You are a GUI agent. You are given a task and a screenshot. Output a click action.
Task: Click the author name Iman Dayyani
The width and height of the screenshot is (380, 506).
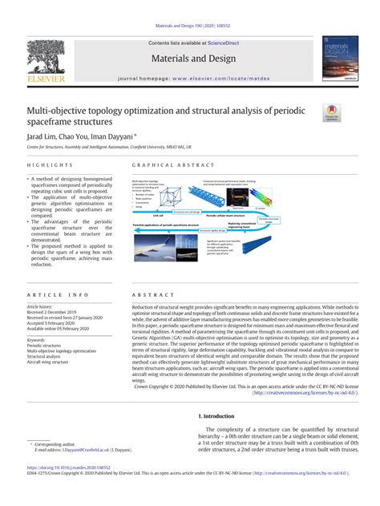pos(119,137)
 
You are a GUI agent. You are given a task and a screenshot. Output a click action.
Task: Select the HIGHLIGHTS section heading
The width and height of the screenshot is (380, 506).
pos(46,164)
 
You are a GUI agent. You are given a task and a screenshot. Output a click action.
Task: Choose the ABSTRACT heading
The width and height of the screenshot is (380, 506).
pos(148,295)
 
